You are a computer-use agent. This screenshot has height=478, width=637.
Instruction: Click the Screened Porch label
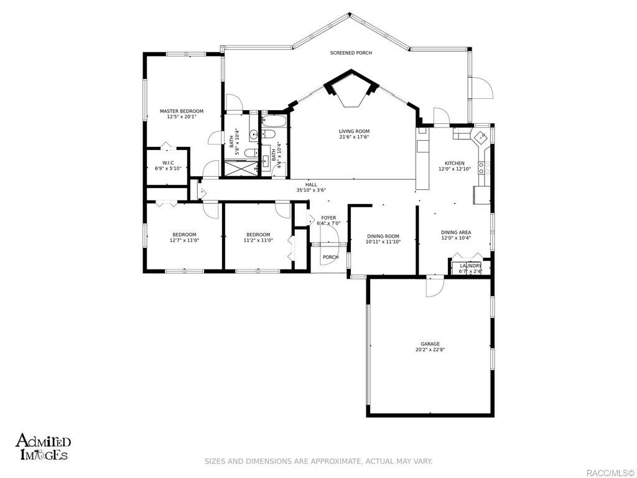[351, 53]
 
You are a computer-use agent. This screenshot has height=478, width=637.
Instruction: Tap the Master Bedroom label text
[182, 111]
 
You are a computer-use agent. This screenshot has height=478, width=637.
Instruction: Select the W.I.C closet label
[167, 163]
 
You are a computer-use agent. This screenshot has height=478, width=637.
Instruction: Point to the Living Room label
[354, 131]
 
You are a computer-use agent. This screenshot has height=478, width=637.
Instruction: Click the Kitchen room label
[454, 164]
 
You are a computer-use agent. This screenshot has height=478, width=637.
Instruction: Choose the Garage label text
[430, 344]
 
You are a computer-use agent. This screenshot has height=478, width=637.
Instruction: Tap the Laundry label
[470, 266]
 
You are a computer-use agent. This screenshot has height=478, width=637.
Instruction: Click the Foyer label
[328, 218]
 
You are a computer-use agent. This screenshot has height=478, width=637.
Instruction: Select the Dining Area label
[456, 232]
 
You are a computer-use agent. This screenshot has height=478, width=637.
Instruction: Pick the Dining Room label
[383, 236]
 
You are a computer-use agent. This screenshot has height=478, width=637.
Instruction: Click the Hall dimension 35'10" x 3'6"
[311, 190]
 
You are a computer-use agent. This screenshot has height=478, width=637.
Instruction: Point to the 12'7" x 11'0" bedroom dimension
[184, 240]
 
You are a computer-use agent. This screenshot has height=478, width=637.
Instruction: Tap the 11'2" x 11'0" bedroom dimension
[258, 240]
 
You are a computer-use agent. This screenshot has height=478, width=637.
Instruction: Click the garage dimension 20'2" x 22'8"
[430, 350]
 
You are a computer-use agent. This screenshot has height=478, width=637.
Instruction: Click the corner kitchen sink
[480, 137]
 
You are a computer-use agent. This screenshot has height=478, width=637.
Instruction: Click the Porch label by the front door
[330, 257]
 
